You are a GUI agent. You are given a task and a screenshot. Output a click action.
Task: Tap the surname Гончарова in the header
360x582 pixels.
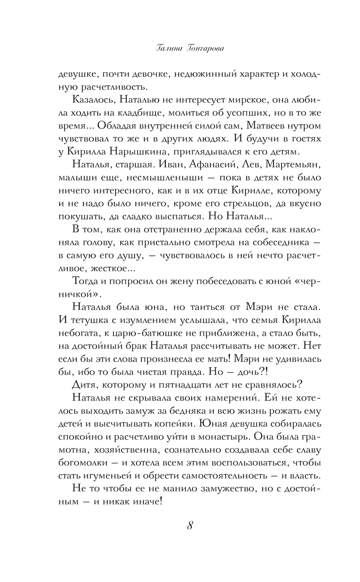tap(204, 49)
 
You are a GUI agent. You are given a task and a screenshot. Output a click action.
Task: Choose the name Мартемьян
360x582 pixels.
tap(297, 165)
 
